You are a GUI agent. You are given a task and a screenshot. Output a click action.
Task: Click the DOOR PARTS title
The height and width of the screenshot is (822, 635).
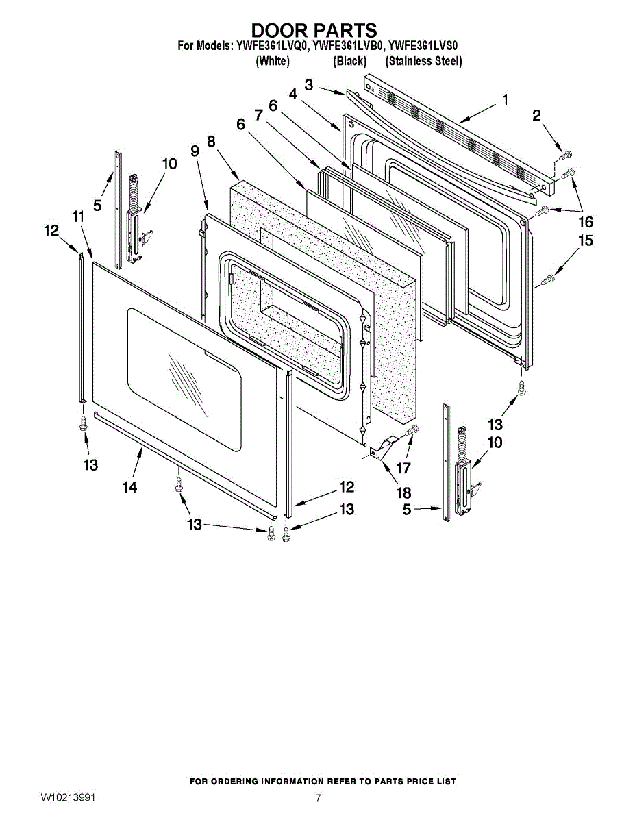pyautogui.click(x=314, y=30)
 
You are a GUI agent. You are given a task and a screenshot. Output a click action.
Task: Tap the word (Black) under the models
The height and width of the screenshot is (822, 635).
pyautogui.click(x=349, y=61)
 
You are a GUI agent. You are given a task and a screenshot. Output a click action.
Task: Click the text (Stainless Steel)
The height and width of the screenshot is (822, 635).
pyautogui.click(x=423, y=61)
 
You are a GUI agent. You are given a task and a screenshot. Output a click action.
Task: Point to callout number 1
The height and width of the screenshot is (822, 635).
pyautogui.click(x=505, y=100)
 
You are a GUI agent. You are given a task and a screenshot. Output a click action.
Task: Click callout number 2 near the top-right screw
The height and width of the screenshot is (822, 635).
pyautogui.click(x=536, y=115)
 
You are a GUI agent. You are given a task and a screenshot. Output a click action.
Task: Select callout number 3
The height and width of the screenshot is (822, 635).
pyautogui.click(x=309, y=85)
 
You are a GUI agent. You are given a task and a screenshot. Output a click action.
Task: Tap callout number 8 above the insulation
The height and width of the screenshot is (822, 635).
pyautogui.click(x=211, y=142)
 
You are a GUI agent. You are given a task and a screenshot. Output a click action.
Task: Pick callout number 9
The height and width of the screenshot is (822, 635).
pyautogui.click(x=195, y=151)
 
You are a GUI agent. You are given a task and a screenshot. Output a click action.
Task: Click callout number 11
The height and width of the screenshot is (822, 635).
pyautogui.click(x=78, y=216)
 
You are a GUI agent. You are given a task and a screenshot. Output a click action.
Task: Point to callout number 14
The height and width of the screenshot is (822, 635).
pyautogui.click(x=129, y=487)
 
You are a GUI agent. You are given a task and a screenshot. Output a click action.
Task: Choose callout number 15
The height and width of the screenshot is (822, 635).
pyautogui.click(x=586, y=240)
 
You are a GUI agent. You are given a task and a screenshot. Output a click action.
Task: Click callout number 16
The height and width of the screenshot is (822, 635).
pyautogui.click(x=586, y=222)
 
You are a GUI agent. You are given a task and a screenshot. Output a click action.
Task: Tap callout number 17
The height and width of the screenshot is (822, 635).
pyautogui.click(x=403, y=468)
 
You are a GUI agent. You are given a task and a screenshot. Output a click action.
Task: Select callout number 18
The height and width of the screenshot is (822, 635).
pyautogui.click(x=404, y=493)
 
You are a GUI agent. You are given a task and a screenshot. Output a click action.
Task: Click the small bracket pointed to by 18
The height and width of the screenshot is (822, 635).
pyautogui.click(x=383, y=447)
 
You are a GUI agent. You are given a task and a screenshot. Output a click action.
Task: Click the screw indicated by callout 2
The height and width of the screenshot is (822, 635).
pyautogui.click(x=566, y=154)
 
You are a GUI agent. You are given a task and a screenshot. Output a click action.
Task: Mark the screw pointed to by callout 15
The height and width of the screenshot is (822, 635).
pyautogui.click(x=547, y=280)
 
